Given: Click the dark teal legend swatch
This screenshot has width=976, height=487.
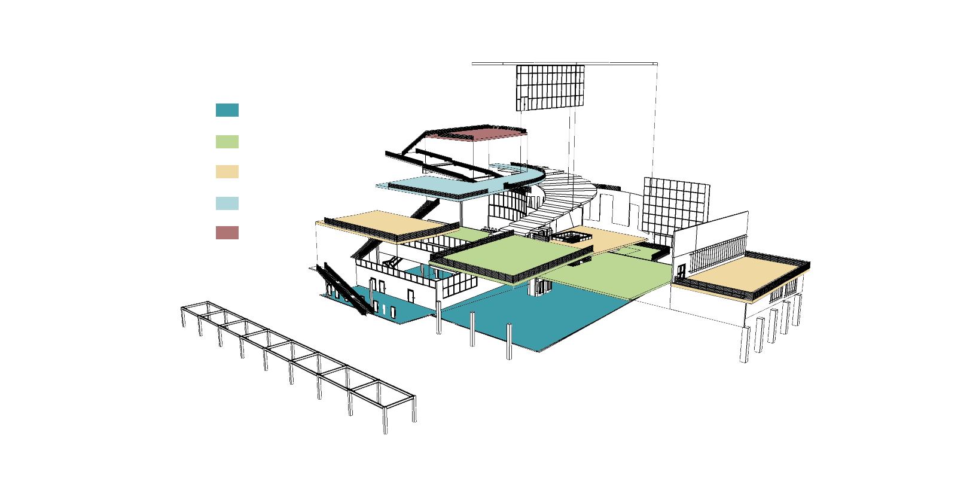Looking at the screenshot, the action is pos(227,110).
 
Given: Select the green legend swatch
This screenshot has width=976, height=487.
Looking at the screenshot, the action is pos(227,142).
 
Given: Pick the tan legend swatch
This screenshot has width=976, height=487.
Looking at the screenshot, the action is pos(227,172).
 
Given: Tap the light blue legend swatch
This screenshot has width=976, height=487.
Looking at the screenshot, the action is pos(227,203).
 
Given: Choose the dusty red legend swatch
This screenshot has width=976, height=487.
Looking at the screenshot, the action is pos(227,233).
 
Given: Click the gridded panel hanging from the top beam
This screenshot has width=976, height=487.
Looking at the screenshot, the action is pos(550,87).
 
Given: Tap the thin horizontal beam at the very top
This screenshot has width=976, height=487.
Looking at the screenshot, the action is pos(565,63).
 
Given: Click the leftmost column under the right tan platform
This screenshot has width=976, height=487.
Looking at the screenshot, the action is pos(745,344).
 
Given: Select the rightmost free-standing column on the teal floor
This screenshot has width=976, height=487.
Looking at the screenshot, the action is pos(510,342).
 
